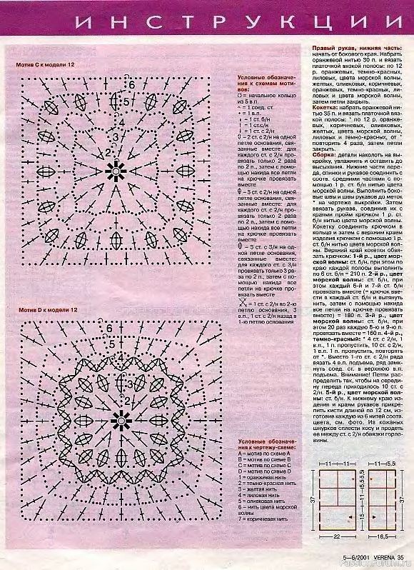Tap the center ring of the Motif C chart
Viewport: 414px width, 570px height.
coord(113,169)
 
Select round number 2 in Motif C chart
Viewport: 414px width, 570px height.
coord(108,152)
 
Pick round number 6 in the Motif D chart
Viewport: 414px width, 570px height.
coord(108,329)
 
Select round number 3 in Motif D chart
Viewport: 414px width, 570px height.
coord(128,386)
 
